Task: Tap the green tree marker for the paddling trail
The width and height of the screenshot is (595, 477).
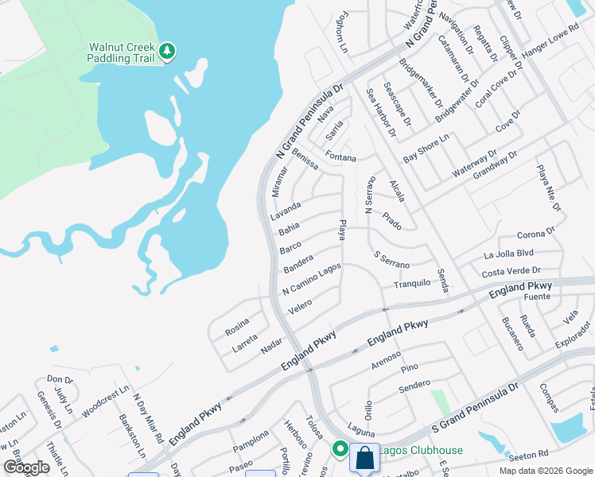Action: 167,52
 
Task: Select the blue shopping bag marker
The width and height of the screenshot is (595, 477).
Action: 364,459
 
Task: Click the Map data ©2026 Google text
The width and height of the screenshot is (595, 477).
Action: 545,471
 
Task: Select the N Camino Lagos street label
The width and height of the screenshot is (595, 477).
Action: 312,279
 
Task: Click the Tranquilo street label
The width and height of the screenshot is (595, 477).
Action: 411,283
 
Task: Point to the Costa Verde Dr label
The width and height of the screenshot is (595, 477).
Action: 511,272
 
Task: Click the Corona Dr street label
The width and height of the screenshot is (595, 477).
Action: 535,234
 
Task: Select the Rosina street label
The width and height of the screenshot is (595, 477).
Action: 237,326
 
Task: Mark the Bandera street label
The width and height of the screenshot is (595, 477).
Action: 299,263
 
